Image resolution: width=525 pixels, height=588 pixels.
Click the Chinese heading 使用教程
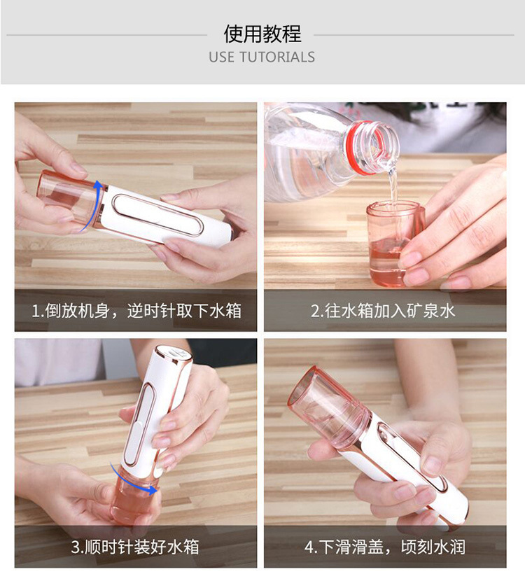pos(262,34)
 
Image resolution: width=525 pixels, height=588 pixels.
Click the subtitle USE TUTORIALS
pos(262,57)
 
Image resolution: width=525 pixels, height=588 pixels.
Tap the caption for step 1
pos(136,310)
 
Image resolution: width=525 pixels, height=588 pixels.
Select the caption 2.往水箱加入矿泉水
pos(384,310)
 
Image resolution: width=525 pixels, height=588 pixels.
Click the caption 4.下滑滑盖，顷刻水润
pos(384,546)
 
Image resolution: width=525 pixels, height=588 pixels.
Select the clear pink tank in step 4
pos(329,406)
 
